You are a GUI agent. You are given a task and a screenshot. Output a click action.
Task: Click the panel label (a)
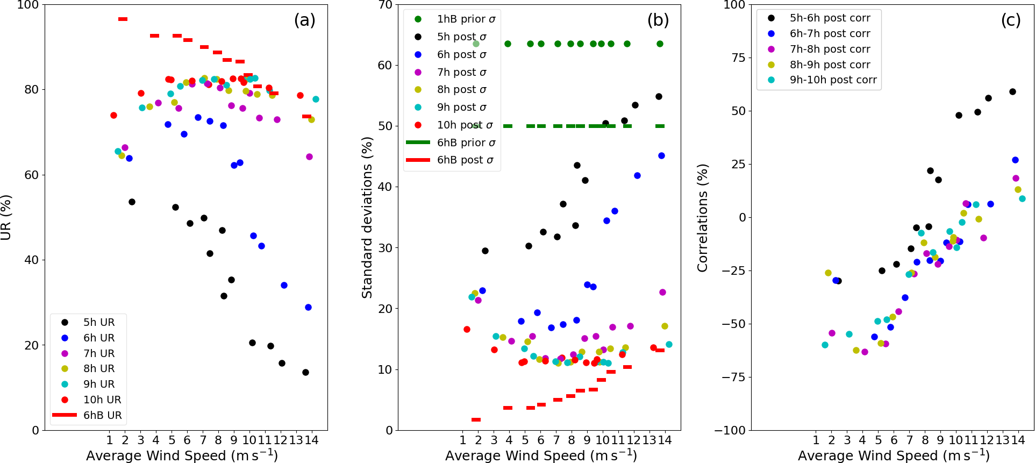tap(304, 20)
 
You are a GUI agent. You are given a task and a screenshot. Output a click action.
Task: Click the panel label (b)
tap(658, 20)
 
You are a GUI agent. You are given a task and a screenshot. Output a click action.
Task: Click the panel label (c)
tap(1011, 20)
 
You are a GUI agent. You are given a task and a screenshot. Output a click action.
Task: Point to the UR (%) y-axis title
tap(6, 217)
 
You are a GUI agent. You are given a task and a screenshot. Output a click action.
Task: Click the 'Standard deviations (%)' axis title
tap(367, 217)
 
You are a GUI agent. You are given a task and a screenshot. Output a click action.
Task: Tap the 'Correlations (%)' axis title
tap(702, 217)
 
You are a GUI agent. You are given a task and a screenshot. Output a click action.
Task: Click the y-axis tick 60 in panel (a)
tap(31, 175)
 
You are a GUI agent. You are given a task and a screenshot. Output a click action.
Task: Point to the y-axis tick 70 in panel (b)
tap(385, 5)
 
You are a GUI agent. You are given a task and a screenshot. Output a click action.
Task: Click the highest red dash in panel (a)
tap(123, 19)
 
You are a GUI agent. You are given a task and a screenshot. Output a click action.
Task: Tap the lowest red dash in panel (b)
tap(476, 419)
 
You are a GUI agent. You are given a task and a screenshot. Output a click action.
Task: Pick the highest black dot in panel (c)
tap(1012, 92)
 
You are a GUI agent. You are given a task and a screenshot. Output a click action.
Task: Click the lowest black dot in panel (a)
tap(305, 372)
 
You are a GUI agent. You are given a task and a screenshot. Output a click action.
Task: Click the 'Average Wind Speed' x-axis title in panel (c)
tap(893, 455)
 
